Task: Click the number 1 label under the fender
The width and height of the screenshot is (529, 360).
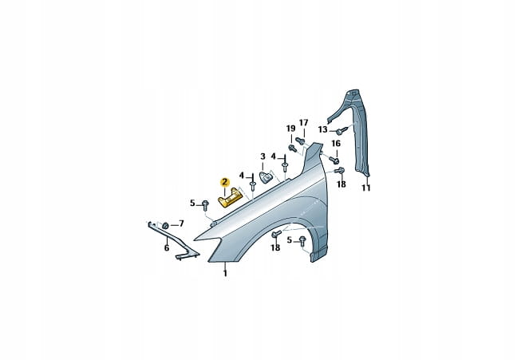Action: point(225,273)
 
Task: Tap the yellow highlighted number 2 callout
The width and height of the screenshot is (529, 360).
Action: point(224,183)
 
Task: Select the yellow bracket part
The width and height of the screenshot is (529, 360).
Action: point(229,199)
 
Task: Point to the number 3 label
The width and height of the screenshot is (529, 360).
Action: point(263,156)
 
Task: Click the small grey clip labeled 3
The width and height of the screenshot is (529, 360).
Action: point(266,177)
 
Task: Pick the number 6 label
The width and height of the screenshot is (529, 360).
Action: point(167,248)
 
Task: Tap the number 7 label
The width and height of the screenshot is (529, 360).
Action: point(181,224)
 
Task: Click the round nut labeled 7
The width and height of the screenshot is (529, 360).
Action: point(165,225)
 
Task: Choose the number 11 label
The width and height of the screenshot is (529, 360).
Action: point(366,188)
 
